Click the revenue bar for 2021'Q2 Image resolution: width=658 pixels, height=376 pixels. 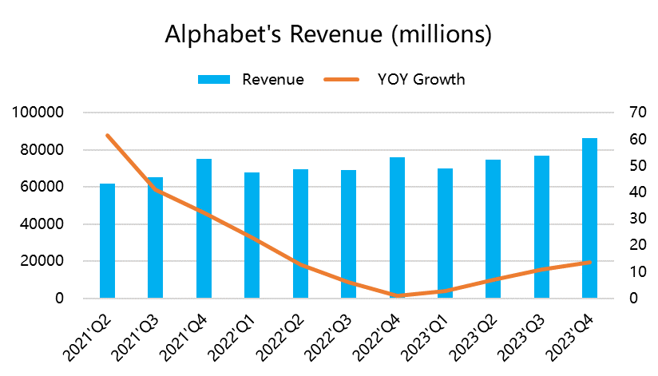coord(107,241)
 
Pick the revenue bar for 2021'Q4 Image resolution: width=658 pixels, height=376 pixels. coord(204,228)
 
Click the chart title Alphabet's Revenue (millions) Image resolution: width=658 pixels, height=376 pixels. coord(327,35)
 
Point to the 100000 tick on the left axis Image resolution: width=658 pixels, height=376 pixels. coord(39,113)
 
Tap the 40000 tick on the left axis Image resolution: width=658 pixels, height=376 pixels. coord(43,224)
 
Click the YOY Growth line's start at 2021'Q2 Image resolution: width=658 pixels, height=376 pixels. coord(107,136)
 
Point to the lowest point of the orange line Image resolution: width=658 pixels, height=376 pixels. coord(397,295)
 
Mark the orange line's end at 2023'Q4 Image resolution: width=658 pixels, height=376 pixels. coord(589,262)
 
